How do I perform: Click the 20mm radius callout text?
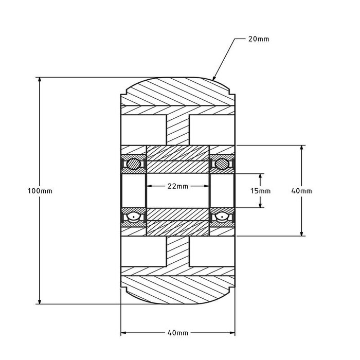pos(259,39)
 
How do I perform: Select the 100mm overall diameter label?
pos(40,191)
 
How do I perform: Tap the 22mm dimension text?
pos(177,186)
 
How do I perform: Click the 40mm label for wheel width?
pos(177,333)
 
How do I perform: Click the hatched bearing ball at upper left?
pos(133,164)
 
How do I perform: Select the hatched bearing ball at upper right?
pos(222,164)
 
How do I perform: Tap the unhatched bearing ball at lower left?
pos(133,217)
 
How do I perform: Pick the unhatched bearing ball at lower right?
pos(222,217)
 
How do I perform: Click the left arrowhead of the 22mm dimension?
pos(150,186)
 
